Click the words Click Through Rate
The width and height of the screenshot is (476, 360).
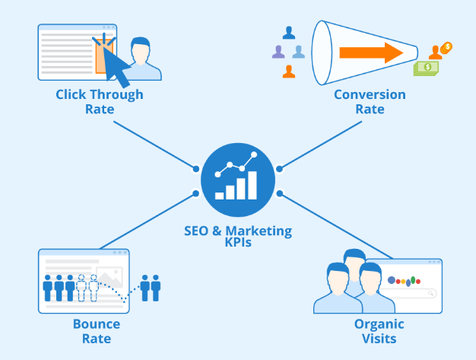point(100,101)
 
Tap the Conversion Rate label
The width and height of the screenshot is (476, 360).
point(370,101)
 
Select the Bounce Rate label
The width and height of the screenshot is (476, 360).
point(97,331)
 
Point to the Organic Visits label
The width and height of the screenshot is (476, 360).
point(379,331)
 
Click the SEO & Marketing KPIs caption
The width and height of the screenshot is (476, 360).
point(238,237)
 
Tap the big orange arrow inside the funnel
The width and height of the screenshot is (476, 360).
point(371,53)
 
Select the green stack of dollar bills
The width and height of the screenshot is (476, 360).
point(426,68)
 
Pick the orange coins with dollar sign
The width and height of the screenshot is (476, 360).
point(446,48)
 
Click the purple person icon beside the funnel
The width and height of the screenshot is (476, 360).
point(278,52)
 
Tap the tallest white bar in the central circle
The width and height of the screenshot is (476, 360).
point(252,185)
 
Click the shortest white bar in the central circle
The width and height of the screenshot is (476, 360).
point(219,196)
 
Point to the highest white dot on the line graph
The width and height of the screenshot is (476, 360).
point(254,155)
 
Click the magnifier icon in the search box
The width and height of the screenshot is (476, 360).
point(430,293)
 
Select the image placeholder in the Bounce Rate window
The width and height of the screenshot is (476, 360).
point(109,277)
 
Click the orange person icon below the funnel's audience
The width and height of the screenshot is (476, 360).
point(289,72)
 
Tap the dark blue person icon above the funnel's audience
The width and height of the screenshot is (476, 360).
point(289,33)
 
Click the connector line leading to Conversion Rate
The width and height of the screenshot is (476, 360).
point(321,145)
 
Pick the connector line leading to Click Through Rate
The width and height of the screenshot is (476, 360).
point(156,145)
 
